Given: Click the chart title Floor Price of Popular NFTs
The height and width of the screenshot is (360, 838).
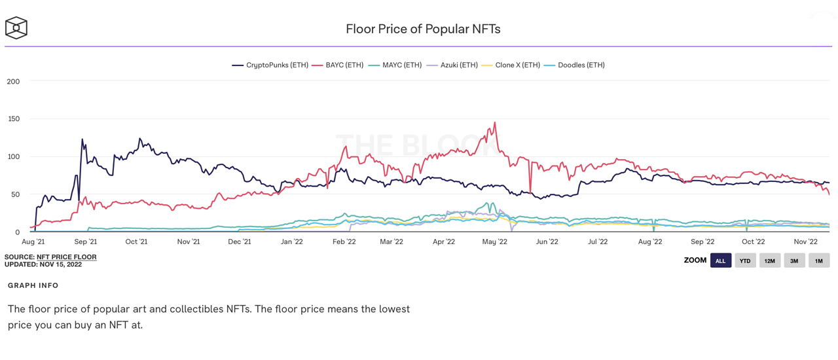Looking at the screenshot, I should [x=423, y=29].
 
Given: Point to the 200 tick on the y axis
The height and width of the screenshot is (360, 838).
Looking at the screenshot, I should [x=13, y=82].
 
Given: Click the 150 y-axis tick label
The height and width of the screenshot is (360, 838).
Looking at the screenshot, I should [x=13, y=119].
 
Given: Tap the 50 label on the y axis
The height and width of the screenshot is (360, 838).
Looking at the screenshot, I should [x=15, y=194].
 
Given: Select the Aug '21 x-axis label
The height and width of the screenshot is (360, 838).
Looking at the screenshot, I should [x=33, y=242].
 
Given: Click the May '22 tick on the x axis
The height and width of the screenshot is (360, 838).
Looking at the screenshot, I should [x=494, y=242].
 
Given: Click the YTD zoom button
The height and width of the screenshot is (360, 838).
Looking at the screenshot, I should [x=745, y=261].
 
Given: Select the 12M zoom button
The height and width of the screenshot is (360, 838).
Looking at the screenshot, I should [x=770, y=261].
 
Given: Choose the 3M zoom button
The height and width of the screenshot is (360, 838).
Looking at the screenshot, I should [x=794, y=261].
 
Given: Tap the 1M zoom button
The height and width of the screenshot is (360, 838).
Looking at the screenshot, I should [x=819, y=261].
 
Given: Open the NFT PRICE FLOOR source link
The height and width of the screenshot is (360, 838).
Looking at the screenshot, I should [x=66, y=257].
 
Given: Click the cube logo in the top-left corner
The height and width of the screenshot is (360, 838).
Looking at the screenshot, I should [x=16, y=28].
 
